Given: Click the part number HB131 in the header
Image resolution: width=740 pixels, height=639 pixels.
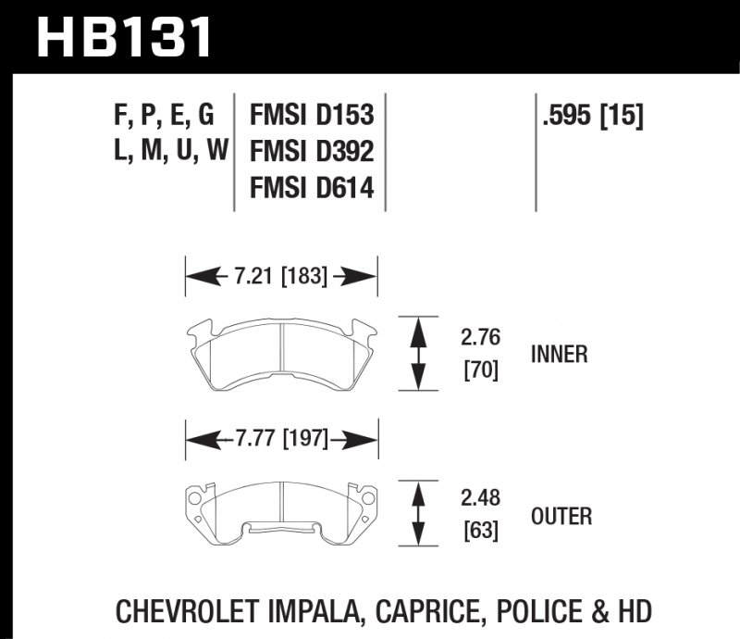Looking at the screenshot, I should pos(125,37).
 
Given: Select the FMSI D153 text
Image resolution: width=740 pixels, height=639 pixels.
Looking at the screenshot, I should pos(312,116).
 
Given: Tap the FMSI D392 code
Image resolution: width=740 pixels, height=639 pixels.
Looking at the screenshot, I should pos(312,152).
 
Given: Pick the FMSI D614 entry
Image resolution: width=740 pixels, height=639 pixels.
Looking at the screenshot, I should pos(312,188).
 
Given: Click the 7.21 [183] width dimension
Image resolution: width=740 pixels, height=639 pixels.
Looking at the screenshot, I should pos(281,275).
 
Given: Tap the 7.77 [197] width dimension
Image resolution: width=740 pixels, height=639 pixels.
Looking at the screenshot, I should pos(281,438).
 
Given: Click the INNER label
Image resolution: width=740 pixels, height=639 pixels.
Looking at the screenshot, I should pos(560,354).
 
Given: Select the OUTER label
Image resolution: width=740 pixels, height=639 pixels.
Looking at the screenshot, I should pos(561,516).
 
